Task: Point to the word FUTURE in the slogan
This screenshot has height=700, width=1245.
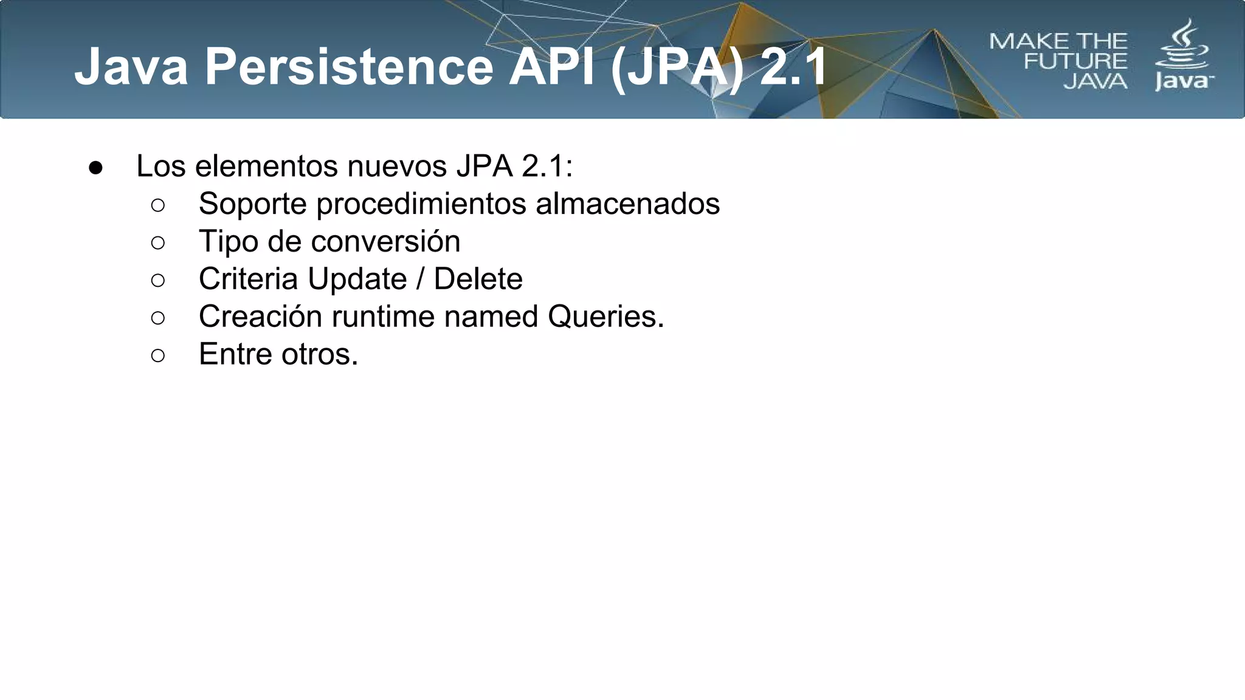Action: pyautogui.click(x=1075, y=61)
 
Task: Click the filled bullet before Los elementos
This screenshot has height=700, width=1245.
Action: pyautogui.click(x=95, y=168)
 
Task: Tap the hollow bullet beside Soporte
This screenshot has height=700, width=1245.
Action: pyautogui.click(x=157, y=205)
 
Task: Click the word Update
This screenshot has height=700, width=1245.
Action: pyautogui.click(x=357, y=279)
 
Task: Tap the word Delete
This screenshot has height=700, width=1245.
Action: pyautogui.click(x=478, y=279)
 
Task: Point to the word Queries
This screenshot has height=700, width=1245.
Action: pyautogui.click(x=605, y=317)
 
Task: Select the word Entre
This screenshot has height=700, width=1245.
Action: pyautogui.click(x=235, y=354)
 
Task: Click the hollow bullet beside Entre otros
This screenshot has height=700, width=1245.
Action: pyautogui.click(x=157, y=355)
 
